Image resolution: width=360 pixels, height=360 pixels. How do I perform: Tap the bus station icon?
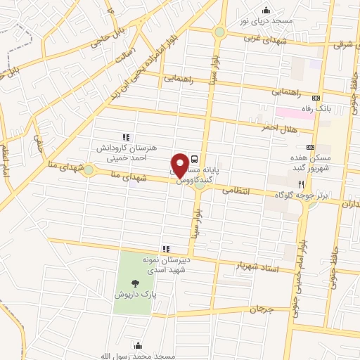195,159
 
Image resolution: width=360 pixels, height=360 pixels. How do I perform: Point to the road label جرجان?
259,309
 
